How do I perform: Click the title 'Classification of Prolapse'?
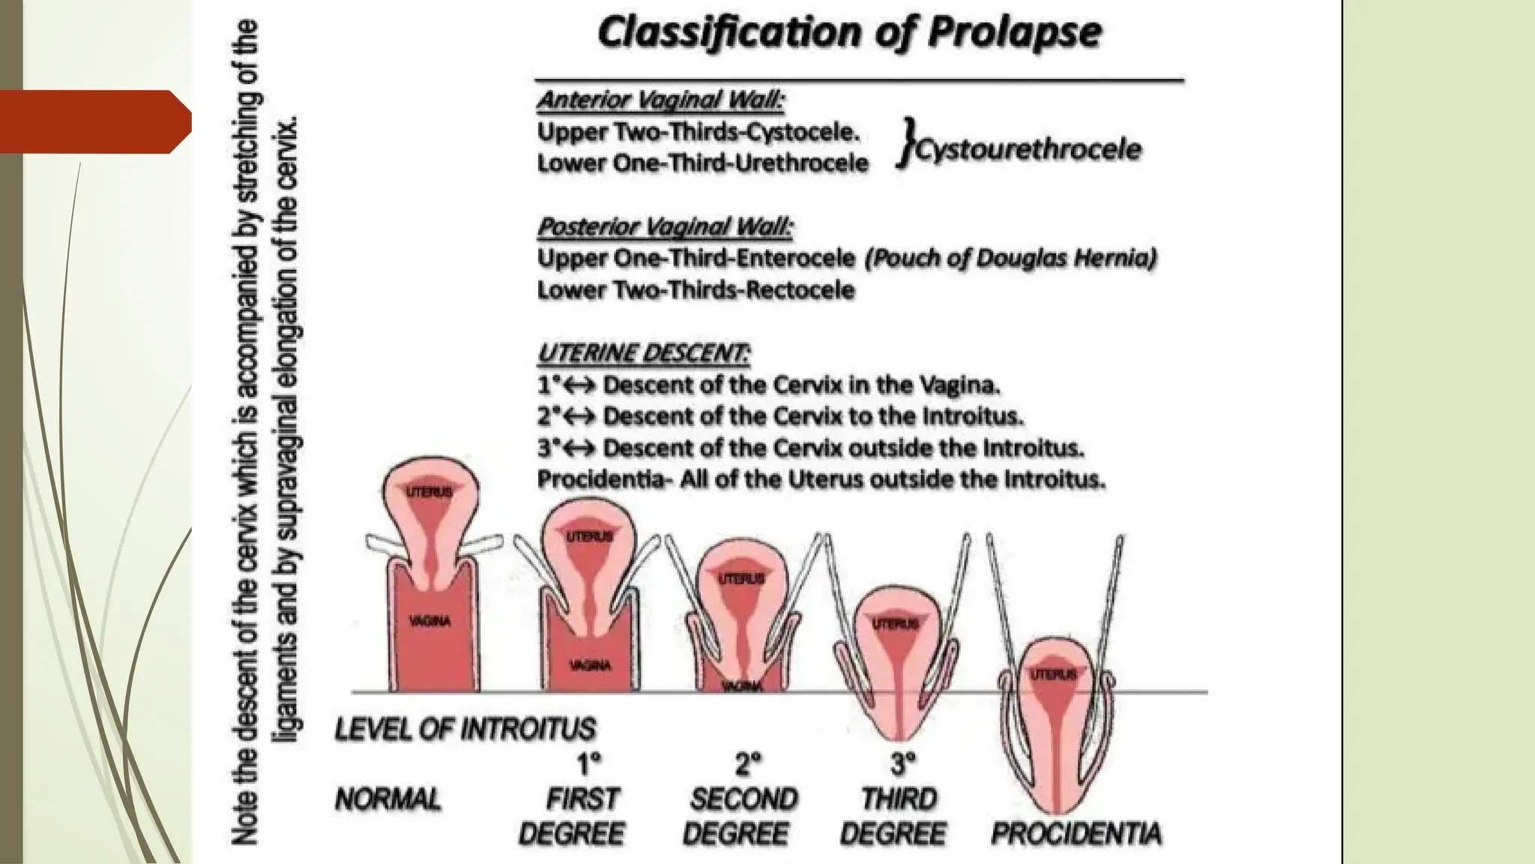click(x=850, y=33)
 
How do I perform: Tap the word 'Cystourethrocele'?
click(x=1028, y=149)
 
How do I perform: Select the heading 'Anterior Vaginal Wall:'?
click(x=660, y=100)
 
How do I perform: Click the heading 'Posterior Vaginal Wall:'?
click(x=665, y=226)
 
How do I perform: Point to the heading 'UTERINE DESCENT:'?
click(x=643, y=352)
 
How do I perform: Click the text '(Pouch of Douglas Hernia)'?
click(x=1010, y=258)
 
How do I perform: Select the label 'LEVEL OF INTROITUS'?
click(x=465, y=728)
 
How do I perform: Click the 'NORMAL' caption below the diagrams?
click(x=387, y=799)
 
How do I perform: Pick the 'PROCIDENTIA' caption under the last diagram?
click(x=1076, y=833)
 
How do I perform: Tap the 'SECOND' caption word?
click(x=744, y=799)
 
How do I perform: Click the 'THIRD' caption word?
click(x=899, y=799)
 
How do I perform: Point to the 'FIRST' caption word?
click(x=582, y=799)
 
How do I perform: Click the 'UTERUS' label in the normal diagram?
click(x=429, y=492)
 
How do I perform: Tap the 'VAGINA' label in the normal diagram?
click(x=429, y=621)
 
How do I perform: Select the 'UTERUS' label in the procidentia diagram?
click(x=1053, y=674)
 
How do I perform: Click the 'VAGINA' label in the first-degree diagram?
click(x=590, y=665)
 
